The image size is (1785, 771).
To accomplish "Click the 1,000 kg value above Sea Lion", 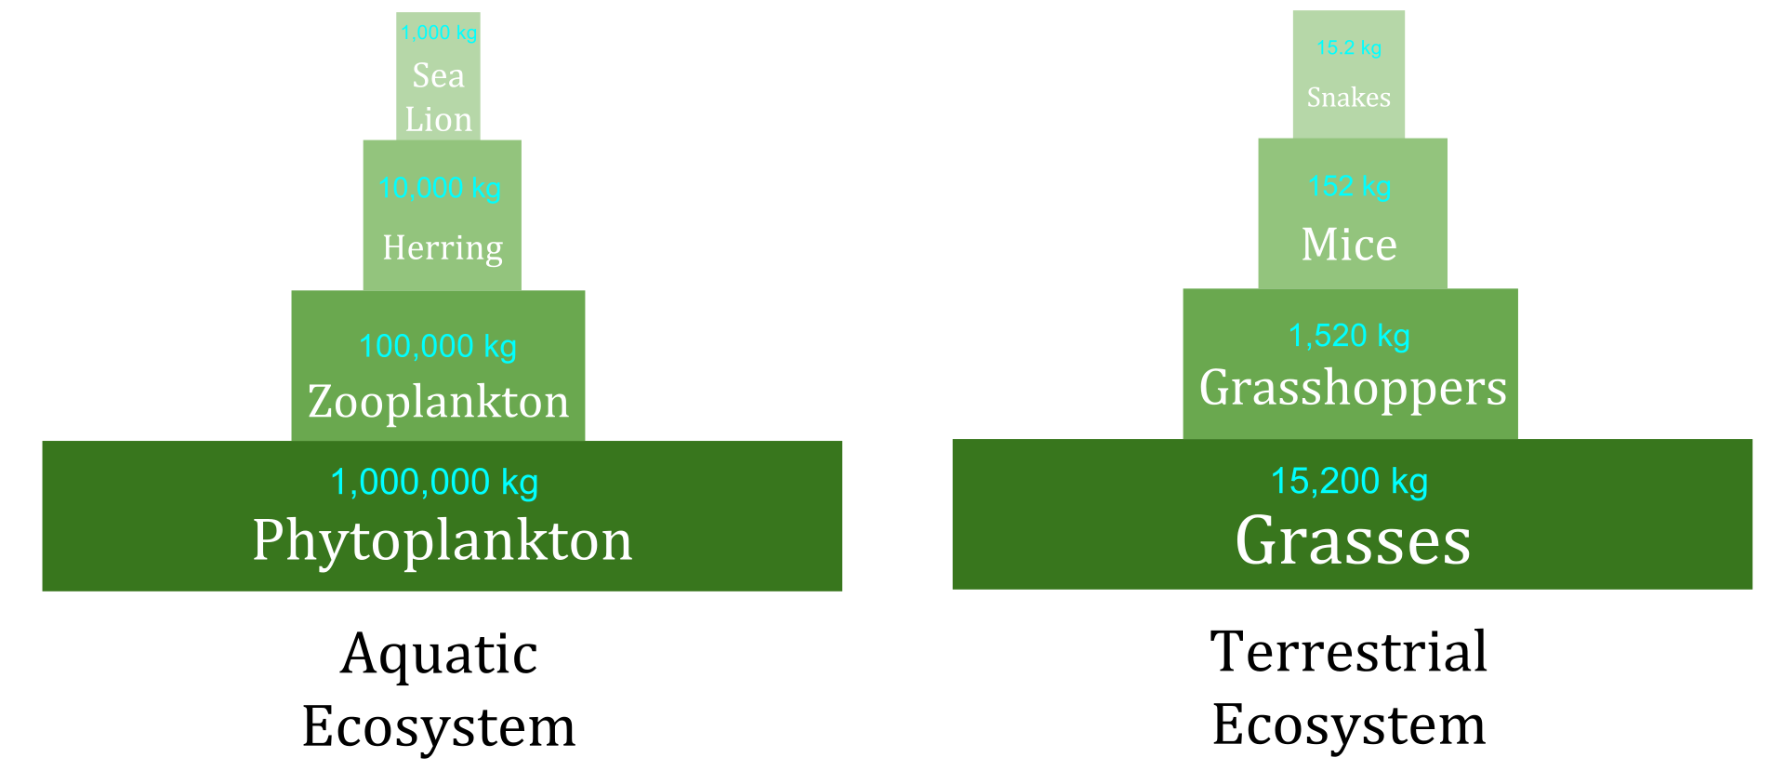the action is (439, 33).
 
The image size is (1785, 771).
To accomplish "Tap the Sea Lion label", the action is (439, 98).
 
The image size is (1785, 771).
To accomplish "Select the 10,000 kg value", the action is (440, 188).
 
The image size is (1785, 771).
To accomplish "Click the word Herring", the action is (443, 248).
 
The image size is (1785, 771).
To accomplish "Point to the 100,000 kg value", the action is (438, 347).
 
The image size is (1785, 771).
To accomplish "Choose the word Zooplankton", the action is (438, 402).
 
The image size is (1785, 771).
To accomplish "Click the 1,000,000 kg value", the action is (434, 483).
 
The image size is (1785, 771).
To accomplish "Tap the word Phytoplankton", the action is (443, 540).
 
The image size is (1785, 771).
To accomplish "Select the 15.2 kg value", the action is (1349, 47).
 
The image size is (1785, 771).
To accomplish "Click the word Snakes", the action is (1349, 98).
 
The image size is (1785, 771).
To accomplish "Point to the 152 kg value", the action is (1350, 186).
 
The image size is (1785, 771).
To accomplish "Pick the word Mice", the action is (1349, 245).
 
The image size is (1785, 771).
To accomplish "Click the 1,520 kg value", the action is (1350, 336).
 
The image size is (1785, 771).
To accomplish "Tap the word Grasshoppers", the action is (1353, 389).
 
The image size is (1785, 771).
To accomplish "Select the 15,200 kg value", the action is (1350, 482).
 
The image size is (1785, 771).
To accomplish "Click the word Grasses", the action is (1353, 540).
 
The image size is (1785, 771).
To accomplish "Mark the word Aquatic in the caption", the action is (439, 656).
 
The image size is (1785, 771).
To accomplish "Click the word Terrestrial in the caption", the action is (1349, 651).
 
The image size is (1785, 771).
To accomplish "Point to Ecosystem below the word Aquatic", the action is (439, 726).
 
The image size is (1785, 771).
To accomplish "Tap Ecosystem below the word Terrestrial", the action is (1349, 724).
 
